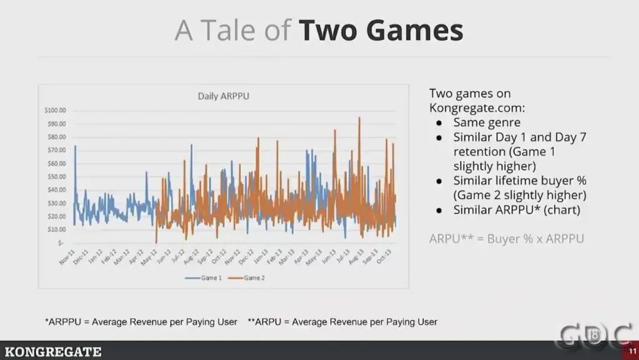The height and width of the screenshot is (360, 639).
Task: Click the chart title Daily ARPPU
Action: (x=220, y=96)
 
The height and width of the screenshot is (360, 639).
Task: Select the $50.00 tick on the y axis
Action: (x=56, y=177)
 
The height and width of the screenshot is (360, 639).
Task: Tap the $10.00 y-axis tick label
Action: (x=56, y=229)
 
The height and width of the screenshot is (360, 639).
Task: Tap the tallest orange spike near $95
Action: (x=359, y=119)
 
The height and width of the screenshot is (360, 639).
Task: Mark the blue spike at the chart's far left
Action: (x=75, y=147)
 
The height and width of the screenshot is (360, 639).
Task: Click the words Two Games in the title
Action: (x=380, y=30)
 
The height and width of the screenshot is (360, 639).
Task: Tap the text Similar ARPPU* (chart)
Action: (x=517, y=210)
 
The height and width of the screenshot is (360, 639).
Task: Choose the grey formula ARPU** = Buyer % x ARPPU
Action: (x=506, y=238)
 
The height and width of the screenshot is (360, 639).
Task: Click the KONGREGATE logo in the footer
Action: (x=51, y=352)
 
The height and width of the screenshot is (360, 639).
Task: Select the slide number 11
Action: (x=632, y=353)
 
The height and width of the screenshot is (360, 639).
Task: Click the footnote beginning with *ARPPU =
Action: (x=141, y=322)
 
